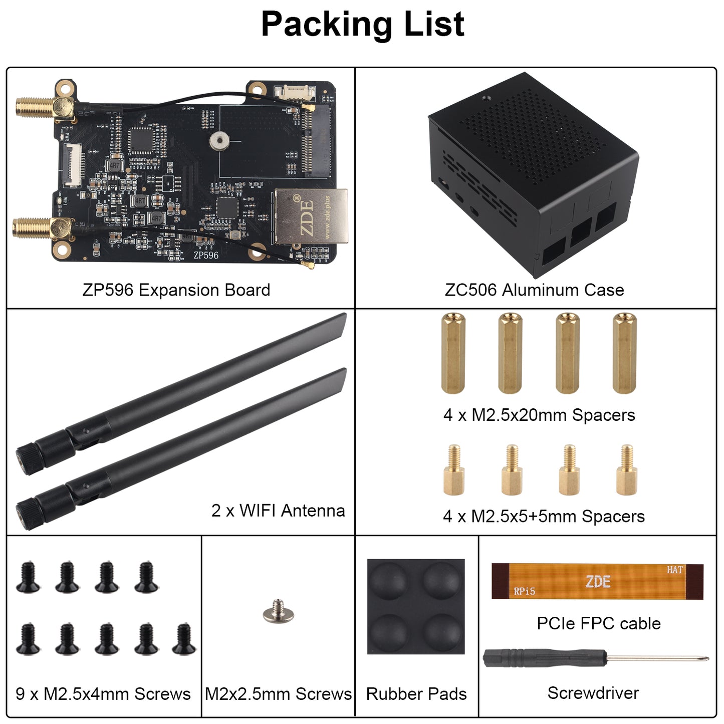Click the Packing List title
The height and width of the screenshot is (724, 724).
point(362,24)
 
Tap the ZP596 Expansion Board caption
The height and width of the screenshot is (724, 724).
point(176,290)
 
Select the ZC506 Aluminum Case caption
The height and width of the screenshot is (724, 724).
point(534,290)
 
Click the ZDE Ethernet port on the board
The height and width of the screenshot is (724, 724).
point(311,216)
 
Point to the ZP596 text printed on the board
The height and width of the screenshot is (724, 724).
point(206,255)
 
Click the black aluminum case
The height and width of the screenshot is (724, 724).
point(534,175)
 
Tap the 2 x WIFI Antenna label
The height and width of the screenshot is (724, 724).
point(278,511)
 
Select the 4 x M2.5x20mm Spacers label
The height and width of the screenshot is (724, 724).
point(539,415)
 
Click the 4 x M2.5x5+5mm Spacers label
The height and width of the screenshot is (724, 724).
point(544,516)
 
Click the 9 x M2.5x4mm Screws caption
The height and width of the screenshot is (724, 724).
point(103,694)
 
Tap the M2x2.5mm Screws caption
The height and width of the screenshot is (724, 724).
point(278,694)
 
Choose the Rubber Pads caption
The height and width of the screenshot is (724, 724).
point(416,694)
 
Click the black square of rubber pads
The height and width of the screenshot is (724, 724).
point(416,606)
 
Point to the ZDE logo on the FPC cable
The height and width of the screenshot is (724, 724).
point(598,582)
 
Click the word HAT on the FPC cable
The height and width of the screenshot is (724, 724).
point(675,570)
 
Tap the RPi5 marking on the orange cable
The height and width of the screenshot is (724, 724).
point(525,592)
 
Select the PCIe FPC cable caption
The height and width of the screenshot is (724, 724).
point(599,623)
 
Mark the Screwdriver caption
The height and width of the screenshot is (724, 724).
point(593,693)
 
